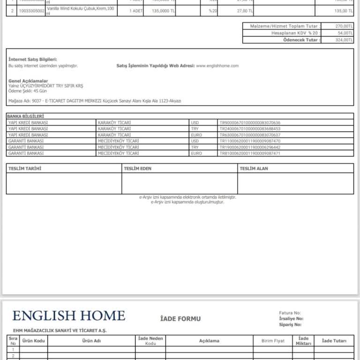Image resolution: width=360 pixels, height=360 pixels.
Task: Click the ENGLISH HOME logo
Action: pos(69,315)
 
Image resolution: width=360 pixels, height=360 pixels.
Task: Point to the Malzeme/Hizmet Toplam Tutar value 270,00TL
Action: pos(345,26)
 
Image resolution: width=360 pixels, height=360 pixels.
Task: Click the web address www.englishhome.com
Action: pos(217,66)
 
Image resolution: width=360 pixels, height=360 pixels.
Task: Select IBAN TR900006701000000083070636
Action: pos(250,123)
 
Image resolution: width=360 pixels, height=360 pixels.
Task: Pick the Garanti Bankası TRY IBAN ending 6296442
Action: pos(250,147)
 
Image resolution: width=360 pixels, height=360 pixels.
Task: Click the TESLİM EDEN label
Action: pos(138,168)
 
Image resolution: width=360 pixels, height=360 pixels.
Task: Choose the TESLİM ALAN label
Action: pos(254,168)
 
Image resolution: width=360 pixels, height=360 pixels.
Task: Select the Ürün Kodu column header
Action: pos(33,341)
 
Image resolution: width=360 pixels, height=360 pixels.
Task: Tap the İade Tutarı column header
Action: pos(334,341)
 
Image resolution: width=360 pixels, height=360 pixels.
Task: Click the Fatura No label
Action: pos(290,313)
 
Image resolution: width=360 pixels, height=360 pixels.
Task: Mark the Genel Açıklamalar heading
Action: pos(28,81)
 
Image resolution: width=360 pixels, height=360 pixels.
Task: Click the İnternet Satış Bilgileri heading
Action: pos(33,60)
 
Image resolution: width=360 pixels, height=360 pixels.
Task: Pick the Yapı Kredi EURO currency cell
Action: pos(196,135)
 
